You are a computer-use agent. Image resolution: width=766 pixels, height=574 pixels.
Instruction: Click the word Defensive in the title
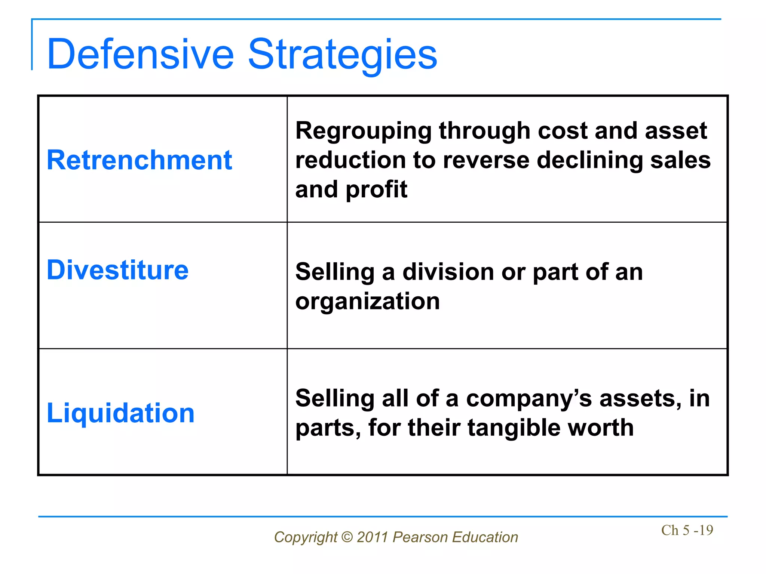click(140, 54)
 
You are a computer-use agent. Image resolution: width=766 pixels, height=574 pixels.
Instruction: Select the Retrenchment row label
click(139, 160)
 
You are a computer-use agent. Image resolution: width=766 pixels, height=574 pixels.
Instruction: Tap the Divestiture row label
click(117, 270)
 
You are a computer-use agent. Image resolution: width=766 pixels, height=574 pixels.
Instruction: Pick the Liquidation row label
click(120, 413)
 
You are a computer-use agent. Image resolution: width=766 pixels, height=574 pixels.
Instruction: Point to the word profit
click(376, 189)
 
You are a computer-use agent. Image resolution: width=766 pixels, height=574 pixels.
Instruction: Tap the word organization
click(367, 301)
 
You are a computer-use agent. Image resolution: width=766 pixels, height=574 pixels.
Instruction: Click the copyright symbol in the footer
click(347, 537)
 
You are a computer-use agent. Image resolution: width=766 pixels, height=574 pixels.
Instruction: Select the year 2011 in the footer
click(372, 537)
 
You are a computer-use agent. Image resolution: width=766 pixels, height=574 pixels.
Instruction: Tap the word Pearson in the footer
click(420, 537)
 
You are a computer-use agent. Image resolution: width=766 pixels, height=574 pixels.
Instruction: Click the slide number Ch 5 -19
click(687, 530)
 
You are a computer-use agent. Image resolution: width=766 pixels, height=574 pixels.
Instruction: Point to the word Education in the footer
click(485, 537)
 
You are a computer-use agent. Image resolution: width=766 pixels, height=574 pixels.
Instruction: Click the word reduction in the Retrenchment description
click(350, 160)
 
